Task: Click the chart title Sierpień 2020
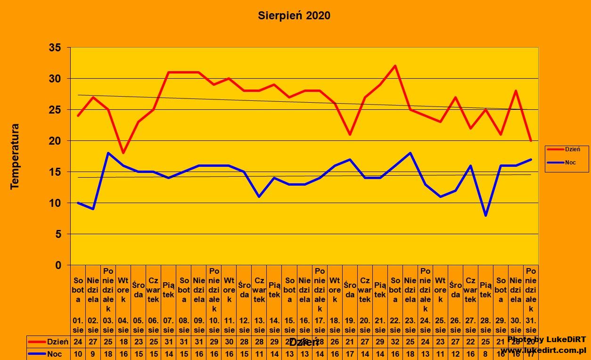pos(294,16)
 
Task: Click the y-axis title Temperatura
pos(15,156)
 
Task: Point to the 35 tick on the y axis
pos(55,48)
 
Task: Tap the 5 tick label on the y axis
pos(58,234)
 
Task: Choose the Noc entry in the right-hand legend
pos(569,163)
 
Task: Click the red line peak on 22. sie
pos(395,66)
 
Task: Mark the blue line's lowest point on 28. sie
pos(485,215)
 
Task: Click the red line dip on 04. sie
pos(123,153)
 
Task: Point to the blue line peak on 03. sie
pos(108,153)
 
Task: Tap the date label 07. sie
pos(169,325)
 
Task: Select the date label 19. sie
pos(350,325)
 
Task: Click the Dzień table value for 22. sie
pos(395,342)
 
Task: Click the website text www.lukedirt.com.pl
pos(543,351)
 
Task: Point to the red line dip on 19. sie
pos(350,134)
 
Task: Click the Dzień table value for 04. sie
pos(123,342)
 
